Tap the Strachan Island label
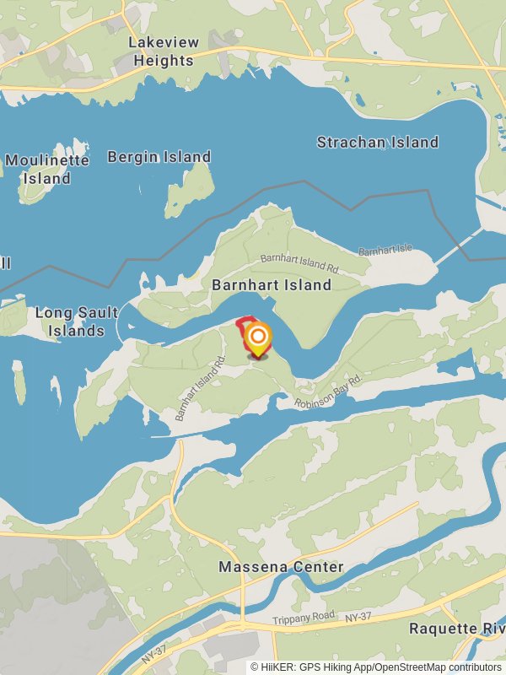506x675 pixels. [x=377, y=142]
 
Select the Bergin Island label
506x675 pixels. [x=159, y=157]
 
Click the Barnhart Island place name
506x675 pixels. [x=272, y=285]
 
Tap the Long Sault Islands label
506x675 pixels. [x=77, y=321]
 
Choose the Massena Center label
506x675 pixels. [x=281, y=567]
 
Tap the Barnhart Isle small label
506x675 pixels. [x=385, y=251]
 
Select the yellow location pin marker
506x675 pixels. [x=258, y=339]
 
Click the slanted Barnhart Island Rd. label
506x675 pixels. [x=201, y=388]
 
